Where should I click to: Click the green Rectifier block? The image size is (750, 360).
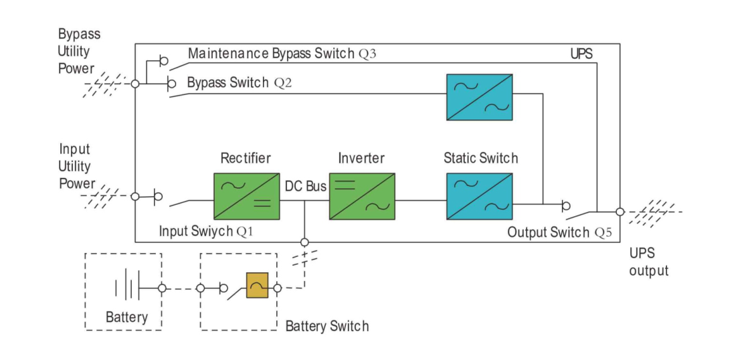[246, 196]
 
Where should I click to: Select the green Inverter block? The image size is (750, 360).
[361, 196]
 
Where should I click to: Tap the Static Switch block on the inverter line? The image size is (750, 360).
[479, 196]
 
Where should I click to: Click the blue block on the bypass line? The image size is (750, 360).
[479, 97]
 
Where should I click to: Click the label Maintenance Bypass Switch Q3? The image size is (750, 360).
[282, 54]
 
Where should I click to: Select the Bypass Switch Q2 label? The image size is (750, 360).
[239, 83]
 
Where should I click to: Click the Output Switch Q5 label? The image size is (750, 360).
[559, 233]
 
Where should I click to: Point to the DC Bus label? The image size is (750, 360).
[306, 186]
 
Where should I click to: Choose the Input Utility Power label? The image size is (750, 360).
[76, 166]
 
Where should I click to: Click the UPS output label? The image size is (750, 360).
[648, 262]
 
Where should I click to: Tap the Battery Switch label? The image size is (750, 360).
[326, 327]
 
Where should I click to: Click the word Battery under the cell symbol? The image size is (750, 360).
[126, 317]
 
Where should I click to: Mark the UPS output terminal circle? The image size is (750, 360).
[620, 211]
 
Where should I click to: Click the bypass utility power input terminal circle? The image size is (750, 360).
[135, 84]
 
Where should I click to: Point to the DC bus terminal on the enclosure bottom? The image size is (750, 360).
[304, 242]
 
